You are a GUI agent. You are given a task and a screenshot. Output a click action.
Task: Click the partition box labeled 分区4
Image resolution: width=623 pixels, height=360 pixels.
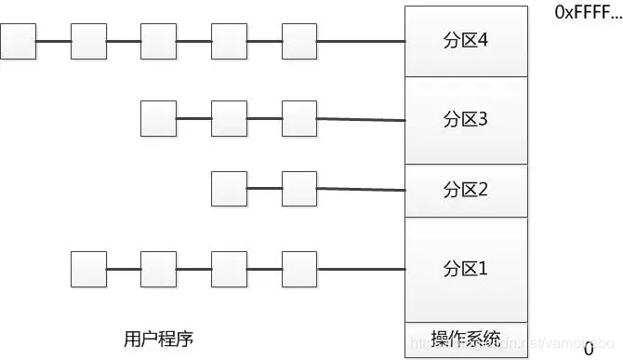point(466,42)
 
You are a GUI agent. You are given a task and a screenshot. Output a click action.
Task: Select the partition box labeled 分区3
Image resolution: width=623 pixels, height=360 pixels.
point(466,120)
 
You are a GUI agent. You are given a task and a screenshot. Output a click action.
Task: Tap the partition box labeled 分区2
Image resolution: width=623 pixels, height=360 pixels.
point(466,191)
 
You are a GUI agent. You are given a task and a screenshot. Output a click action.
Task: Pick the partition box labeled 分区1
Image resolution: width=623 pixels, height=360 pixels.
point(466,270)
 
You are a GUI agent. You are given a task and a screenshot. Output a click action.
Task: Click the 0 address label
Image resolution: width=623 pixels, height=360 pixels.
point(588,349)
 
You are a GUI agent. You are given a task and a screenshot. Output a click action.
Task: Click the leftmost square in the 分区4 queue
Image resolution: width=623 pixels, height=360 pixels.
point(19,42)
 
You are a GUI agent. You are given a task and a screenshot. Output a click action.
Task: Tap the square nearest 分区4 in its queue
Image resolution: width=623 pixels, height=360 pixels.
point(299,42)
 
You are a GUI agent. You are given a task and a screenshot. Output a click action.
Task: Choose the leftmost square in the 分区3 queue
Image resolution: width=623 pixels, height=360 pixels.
point(159,118)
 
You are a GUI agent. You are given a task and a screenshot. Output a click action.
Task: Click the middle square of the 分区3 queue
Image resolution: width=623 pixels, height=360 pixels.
point(229,118)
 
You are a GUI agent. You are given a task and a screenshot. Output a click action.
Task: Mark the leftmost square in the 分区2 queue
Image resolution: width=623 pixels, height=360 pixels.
point(229,189)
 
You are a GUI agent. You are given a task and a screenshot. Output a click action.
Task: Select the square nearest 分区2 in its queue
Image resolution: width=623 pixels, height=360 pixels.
point(299,189)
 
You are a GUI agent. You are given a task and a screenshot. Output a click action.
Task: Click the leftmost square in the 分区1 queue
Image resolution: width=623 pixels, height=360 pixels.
point(89,269)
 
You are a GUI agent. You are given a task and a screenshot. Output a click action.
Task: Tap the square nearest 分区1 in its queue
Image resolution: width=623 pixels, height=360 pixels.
point(299,269)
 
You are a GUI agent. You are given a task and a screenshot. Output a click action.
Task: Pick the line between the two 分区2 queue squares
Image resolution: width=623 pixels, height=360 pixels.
point(264,189)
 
